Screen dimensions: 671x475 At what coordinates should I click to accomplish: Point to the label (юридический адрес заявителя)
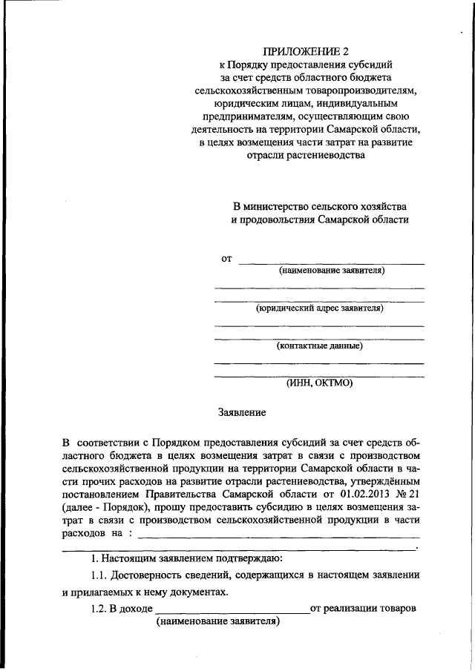tap(319, 308)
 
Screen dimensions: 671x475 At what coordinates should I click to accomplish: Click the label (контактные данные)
tap(319, 346)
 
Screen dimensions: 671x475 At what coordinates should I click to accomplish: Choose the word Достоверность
tap(153, 575)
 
